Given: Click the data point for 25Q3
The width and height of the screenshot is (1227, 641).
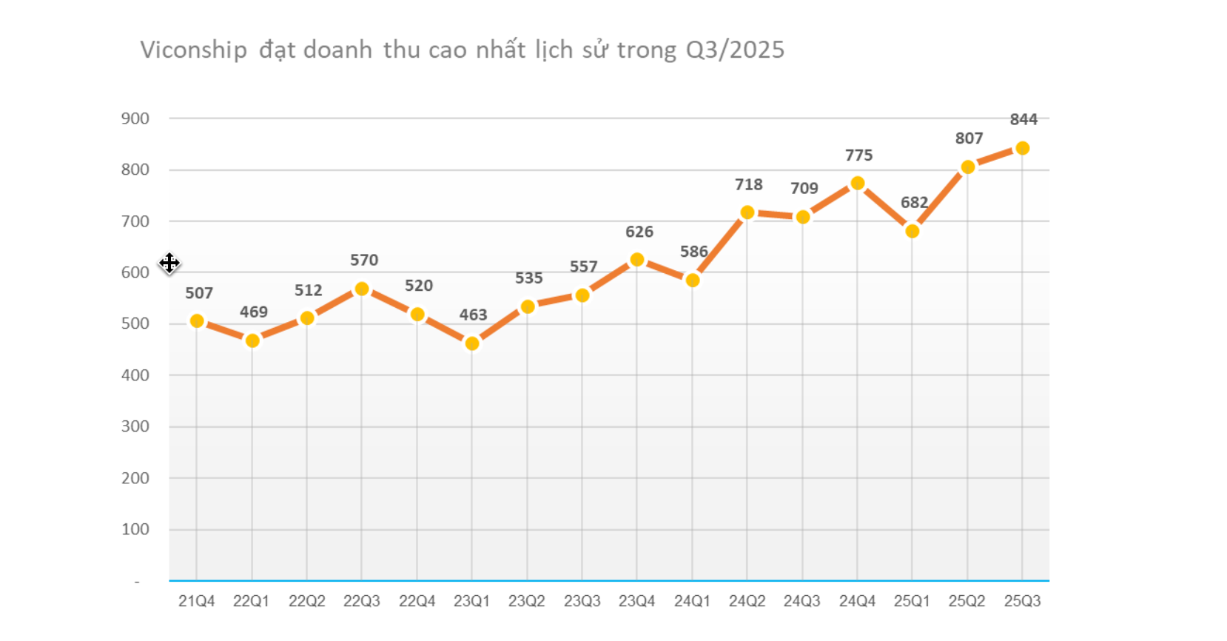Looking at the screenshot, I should pyautogui.click(x=1022, y=148).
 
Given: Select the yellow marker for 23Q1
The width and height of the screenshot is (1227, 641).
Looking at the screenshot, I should pyautogui.click(x=472, y=343).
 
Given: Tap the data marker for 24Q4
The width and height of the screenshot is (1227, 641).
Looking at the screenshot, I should pyautogui.click(x=857, y=183).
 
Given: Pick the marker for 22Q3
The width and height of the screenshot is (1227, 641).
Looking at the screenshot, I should pyautogui.click(x=362, y=289).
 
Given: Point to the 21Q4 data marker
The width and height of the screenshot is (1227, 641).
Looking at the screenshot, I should pyautogui.click(x=197, y=321).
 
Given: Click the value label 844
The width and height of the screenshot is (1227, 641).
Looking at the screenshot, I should pyautogui.click(x=1023, y=119).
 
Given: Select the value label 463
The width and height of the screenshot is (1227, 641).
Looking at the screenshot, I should pyautogui.click(x=473, y=315).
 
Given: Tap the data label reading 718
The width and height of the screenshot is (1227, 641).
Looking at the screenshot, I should pyautogui.click(x=748, y=184).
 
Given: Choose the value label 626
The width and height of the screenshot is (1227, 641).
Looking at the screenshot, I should pyautogui.click(x=639, y=232).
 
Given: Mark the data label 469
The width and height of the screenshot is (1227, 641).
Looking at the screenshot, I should pyautogui.click(x=253, y=312).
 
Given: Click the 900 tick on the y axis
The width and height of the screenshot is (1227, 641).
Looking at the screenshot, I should pyautogui.click(x=135, y=118).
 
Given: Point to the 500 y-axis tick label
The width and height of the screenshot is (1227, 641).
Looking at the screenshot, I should pyautogui.click(x=135, y=323).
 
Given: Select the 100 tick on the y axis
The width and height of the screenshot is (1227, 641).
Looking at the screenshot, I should pyautogui.click(x=135, y=529).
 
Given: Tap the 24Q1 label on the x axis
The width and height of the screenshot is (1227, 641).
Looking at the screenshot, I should pyautogui.click(x=692, y=601).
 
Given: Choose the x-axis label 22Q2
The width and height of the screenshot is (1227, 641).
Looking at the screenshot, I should pyautogui.click(x=306, y=601).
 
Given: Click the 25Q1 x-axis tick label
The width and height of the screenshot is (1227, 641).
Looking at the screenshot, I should pyautogui.click(x=912, y=601).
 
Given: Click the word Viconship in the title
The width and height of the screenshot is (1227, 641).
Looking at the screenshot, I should pyautogui.click(x=193, y=50).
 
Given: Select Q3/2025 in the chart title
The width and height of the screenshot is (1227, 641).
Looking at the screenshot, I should pyautogui.click(x=735, y=50).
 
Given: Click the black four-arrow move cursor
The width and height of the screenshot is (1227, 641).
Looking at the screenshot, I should pyautogui.click(x=169, y=263).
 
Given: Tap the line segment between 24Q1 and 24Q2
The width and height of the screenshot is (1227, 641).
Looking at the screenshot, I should pyautogui.click(x=720, y=246).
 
